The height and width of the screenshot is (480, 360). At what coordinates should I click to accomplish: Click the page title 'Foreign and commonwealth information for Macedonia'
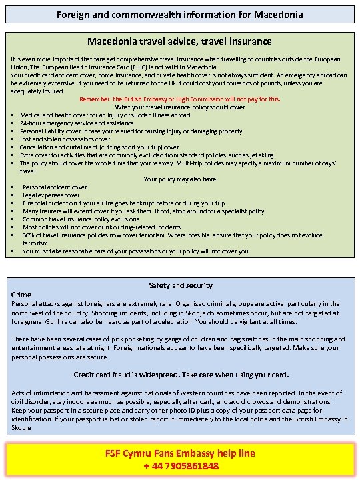pos(180,14)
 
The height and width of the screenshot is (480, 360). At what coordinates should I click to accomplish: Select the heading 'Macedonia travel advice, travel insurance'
pos(180,41)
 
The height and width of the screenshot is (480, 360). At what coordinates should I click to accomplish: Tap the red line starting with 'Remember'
pos(180,99)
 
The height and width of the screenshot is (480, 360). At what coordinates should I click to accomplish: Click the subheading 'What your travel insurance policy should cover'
pos(180,107)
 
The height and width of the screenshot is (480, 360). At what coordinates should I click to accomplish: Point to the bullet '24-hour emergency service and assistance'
pos(77,123)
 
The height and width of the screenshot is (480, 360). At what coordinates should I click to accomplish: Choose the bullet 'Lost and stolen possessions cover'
pos(65,139)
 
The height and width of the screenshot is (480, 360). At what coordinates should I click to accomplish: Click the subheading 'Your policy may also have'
pos(180,179)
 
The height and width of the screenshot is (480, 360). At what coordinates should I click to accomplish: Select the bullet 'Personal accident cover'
pos(55,187)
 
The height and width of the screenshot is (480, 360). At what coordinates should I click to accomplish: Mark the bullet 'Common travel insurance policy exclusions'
pos(81,219)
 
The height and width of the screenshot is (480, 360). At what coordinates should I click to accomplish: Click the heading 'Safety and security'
pos(180,285)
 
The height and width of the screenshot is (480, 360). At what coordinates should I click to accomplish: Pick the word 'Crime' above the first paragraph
pos(21,294)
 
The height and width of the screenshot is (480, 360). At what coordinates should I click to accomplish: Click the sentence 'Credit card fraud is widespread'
pos(181,375)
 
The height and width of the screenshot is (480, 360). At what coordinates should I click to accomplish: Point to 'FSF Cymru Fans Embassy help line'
pos(181,453)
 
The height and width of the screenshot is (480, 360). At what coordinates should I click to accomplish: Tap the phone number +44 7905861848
pos(181,465)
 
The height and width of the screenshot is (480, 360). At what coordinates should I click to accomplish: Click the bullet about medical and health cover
pos(105,115)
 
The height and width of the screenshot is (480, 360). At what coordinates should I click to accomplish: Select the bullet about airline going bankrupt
pos(123,203)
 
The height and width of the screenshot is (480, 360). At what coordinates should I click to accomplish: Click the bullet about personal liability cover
pos(131,131)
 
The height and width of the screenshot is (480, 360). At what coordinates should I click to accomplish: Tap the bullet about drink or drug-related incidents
pos(101,227)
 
